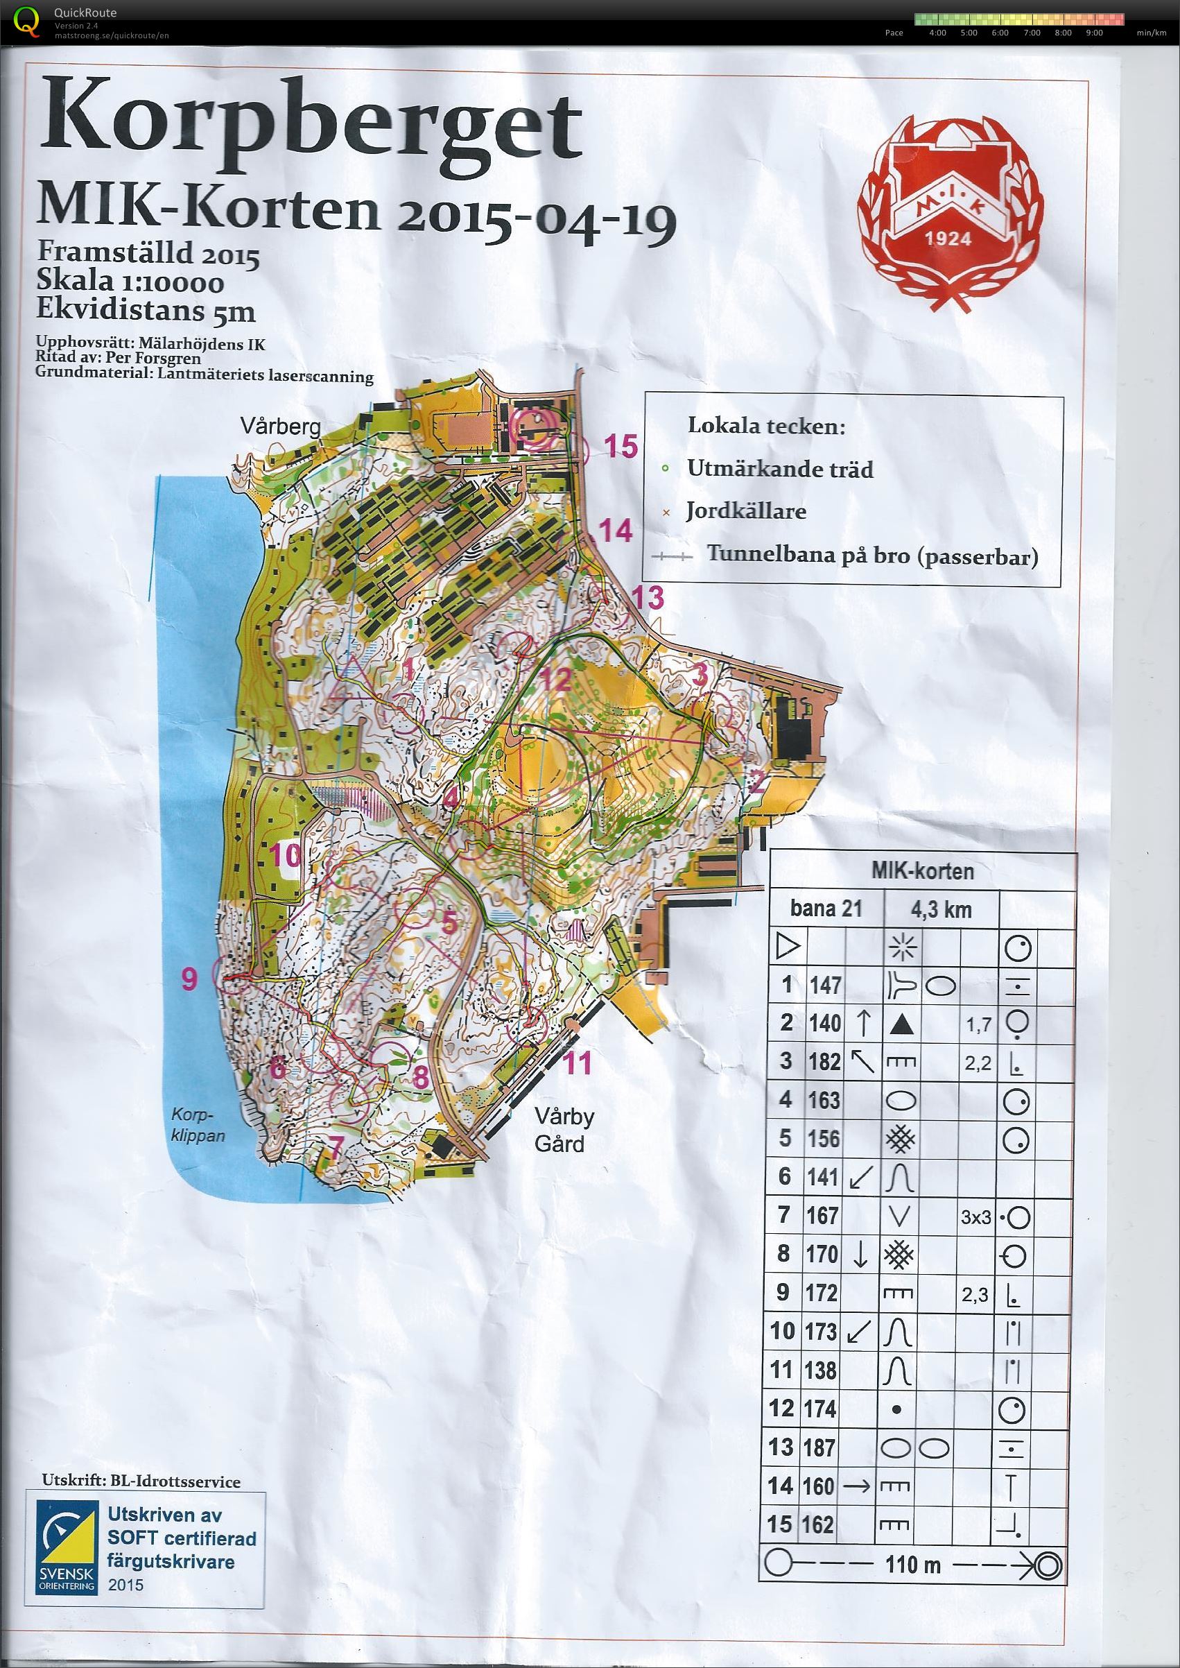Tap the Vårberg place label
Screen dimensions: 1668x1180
point(282,426)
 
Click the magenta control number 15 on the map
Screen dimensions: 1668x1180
point(621,445)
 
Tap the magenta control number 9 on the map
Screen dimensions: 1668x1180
point(189,979)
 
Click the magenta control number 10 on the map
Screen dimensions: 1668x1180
point(286,855)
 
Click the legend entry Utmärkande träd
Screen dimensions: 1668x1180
point(781,469)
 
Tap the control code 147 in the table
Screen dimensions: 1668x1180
point(826,986)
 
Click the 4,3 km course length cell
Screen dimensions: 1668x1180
point(941,909)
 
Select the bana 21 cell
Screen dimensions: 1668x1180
point(826,909)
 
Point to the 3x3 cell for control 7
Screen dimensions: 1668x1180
point(976,1216)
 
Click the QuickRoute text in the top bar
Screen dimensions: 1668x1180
point(85,12)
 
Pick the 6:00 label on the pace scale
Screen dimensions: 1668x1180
point(1000,33)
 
